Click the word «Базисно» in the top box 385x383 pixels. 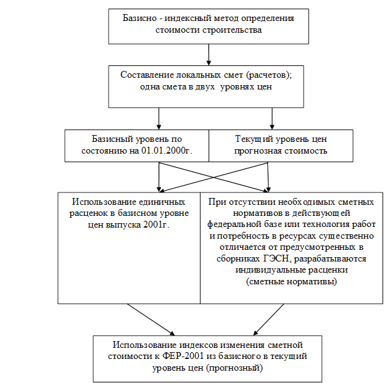(x=139, y=19)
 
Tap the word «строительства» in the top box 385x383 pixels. (x=232, y=30)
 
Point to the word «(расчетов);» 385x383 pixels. (x=269, y=75)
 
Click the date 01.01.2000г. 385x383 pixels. (x=167, y=150)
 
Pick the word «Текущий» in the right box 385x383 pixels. (x=254, y=139)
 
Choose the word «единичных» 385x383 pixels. (x=162, y=202)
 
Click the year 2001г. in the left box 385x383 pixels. (x=157, y=225)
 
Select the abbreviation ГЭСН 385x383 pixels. (x=277, y=259)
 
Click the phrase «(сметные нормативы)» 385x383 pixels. (x=291, y=282)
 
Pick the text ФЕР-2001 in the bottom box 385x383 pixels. (x=183, y=356)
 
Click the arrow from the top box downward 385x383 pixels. (x=209, y=55)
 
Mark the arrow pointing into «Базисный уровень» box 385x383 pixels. (x=159, y=118)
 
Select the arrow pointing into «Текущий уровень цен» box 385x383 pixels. (x=272, y=118)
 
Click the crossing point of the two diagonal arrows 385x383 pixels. (x=213, y=177)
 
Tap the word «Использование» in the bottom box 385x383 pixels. (x=144, y=345)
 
